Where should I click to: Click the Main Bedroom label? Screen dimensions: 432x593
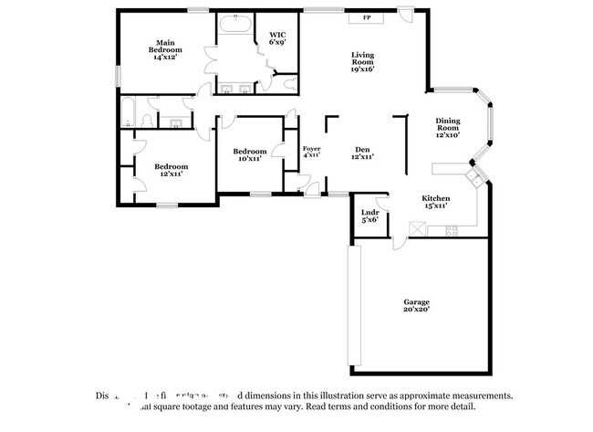165,49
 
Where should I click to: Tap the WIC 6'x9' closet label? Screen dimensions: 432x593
277,38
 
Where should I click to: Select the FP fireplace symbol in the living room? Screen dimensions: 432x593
367,17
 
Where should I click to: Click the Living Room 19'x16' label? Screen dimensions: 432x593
363,60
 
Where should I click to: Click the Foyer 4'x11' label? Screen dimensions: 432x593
311,152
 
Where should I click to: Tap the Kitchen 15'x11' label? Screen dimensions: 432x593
435,202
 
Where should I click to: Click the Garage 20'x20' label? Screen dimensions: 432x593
417,305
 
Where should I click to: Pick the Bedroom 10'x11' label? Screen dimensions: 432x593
249,154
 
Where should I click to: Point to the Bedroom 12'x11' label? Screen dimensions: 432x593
171,170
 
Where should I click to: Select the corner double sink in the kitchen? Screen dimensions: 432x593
473,174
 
